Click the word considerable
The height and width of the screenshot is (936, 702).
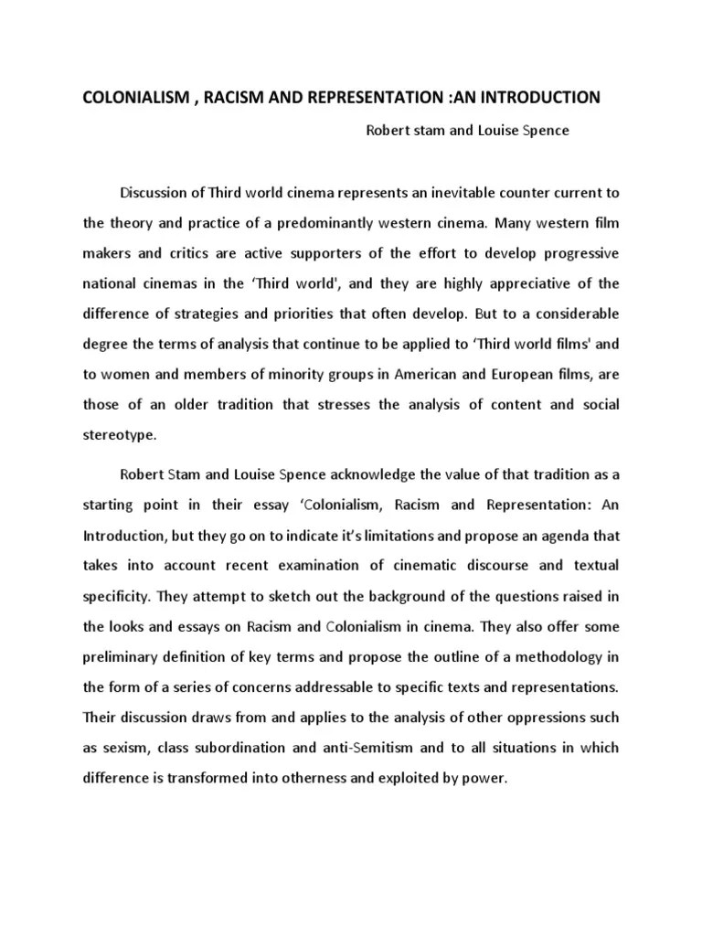(x=573, y=313)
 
